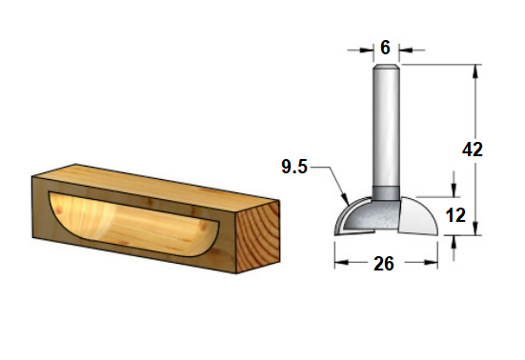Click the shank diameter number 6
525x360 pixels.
pyautogui.click(x=385, y=48)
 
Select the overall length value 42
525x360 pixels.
pyautogui.click(x=473, y=150)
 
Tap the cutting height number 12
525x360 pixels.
pyautogui.click(x=455, y=215)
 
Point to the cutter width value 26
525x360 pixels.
pyautogui.click(x=384, y=264)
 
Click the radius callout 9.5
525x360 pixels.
pyautogui.click(x=294, y=167)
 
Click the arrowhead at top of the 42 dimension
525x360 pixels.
pyautogui.click(x=475, y=70)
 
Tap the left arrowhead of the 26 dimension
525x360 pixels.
pyautogui.click(x=341, y=262)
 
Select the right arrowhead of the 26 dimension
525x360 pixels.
pyautogui.click(x=431, y=262)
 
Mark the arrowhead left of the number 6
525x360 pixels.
pyautogui.click(x=367, y=50)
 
